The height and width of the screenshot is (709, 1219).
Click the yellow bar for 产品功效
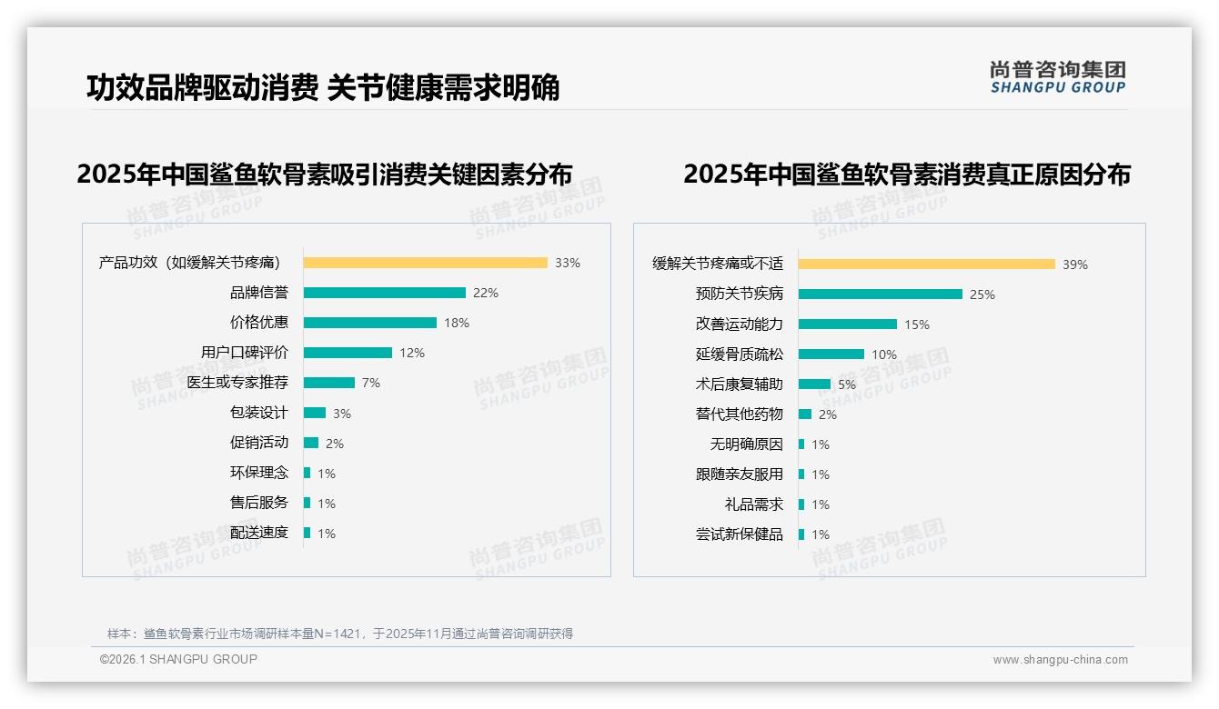pos(425,263)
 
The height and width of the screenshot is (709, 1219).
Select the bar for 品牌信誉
pos(384,293)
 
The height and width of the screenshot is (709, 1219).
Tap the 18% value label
pos(457,323)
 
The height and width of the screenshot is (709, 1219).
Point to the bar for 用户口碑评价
pos(348,353)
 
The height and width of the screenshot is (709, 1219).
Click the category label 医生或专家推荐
pos(237,383)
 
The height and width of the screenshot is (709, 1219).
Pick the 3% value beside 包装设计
pos(342,414)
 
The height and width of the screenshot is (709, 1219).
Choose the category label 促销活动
pos(259,443)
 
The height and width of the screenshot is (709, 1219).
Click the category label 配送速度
pos(259,533)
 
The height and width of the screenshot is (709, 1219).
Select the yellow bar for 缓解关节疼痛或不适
pos(926,265)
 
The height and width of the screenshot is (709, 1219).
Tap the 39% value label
pos(1075,265)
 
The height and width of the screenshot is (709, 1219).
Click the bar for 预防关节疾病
pos(880,295)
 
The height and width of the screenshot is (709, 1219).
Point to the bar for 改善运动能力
pos(847,325)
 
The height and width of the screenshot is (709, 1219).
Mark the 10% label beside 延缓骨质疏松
pos(884,354)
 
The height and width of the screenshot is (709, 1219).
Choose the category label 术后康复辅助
pos(739,384)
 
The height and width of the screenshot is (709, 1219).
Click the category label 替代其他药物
pos(739,414)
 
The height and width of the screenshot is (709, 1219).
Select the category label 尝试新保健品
pos(739,534)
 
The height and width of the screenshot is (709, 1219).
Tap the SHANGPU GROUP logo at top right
pos(1058,77)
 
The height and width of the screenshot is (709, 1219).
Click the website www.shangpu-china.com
pos(1060,660)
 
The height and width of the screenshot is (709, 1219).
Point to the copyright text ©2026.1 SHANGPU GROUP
pos(178,659)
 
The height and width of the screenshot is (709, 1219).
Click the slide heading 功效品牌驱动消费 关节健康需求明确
pos(323,87)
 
